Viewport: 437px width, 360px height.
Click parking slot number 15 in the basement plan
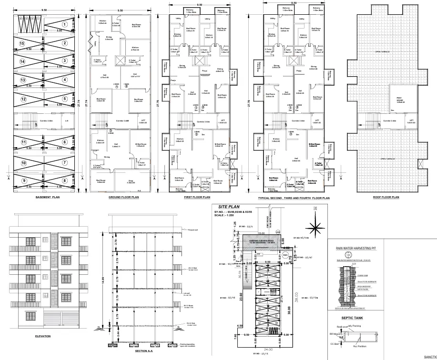21,43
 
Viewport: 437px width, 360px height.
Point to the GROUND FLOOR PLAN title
123,197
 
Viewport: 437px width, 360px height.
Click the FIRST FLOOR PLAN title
197,197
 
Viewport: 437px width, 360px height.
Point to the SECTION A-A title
143,350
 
